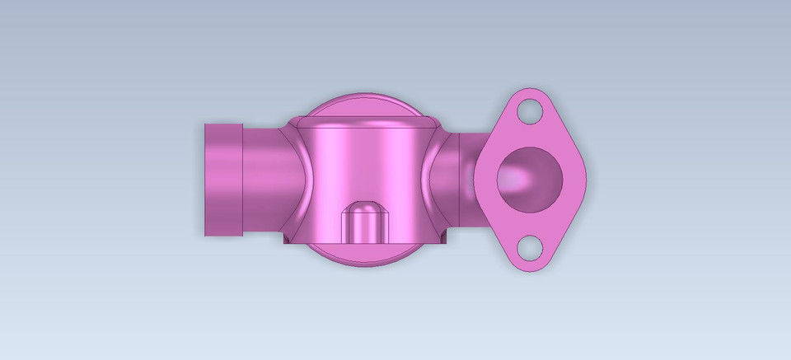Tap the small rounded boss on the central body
(363, 221)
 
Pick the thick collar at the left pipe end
(222, 179)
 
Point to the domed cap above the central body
(363, 106)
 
